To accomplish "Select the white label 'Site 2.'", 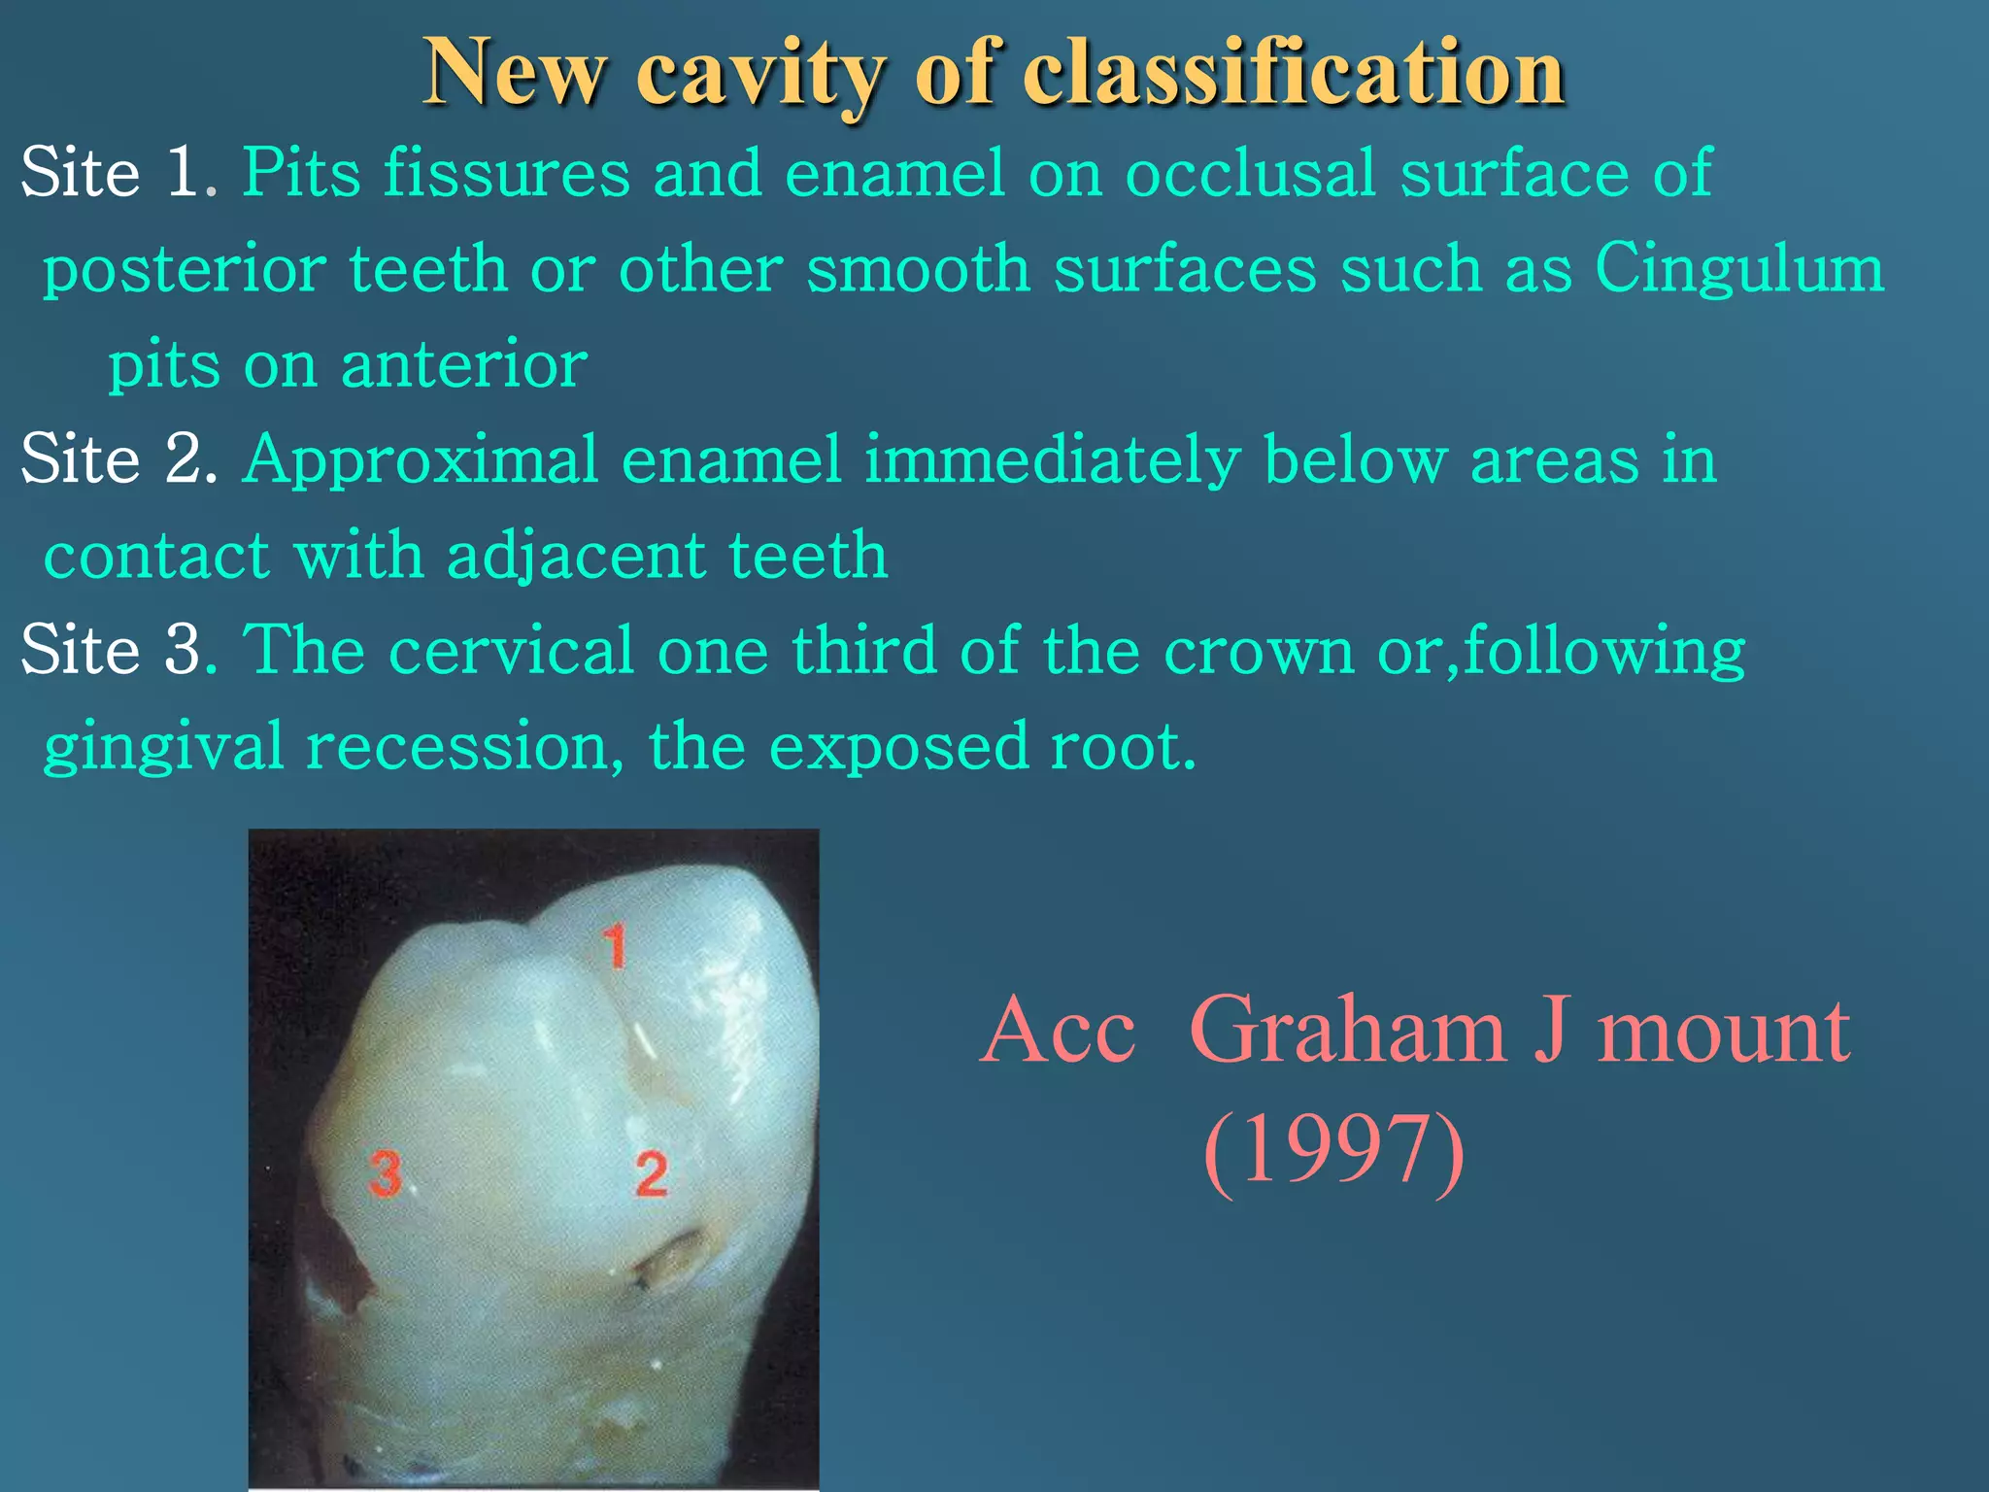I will tap(118, 458).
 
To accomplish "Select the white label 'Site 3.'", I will tap(118, 650).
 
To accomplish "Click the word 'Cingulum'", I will tap(1738, 269).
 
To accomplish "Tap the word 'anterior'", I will tap(463, 365).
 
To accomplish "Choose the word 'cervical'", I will tap(511, 650).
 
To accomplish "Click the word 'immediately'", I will tap(1051, 460).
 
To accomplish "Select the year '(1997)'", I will tap(1333, 1149).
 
